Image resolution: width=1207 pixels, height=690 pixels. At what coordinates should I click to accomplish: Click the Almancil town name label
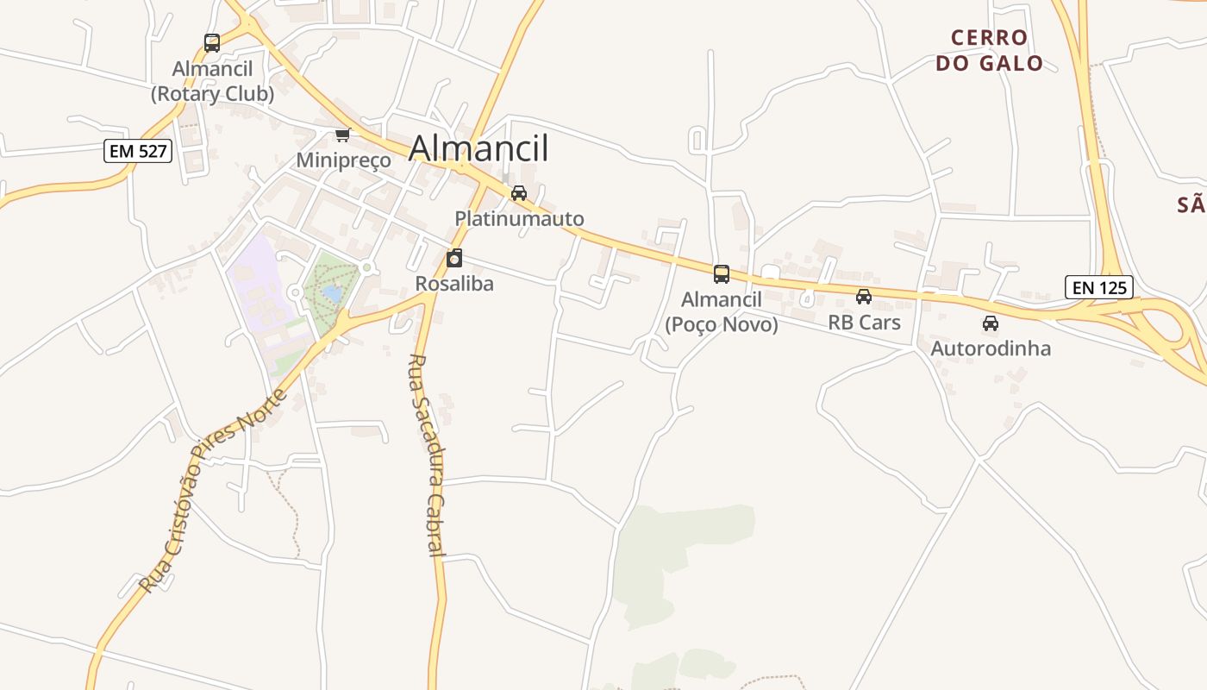click(x=478, y=148)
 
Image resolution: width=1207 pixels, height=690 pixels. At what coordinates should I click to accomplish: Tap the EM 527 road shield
click(x=138, y=152)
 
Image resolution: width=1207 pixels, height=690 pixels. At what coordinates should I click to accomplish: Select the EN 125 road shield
click(x=1098, y=287)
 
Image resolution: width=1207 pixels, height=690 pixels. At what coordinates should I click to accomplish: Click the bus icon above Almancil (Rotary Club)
click(x=212, y=42)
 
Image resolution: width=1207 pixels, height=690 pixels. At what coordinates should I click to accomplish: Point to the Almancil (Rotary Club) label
click(x=212, y=81)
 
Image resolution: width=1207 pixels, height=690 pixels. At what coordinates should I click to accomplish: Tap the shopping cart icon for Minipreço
click(x=343, y=135)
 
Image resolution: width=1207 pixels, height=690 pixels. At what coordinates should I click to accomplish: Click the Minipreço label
click(x=343, y=160)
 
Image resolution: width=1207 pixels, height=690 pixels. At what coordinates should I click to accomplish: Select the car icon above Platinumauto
click(x=519, y=193)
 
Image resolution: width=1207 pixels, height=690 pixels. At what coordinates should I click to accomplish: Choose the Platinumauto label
click(x=519, y=219)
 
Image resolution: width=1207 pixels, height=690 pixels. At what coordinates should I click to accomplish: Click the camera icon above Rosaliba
click(x=454, y=258)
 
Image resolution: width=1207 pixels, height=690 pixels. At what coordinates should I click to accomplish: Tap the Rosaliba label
click(x=454, y=284)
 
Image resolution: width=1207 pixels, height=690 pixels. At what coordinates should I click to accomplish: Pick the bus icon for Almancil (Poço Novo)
click(x=722, y=274)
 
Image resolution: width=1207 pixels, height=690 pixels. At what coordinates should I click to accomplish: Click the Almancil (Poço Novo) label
click(x=722, y=311)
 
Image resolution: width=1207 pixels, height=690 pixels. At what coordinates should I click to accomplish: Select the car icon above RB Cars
click(x=864, y=297)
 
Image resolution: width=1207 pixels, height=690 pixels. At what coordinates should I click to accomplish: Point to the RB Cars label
click(x=864, y=323)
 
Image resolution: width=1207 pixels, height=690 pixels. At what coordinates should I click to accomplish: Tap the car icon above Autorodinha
click(x=991, y=323)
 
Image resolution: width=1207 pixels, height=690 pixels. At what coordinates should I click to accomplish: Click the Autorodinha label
click(x=991, y=348)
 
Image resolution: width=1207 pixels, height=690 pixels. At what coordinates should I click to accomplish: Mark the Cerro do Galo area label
click(x=990, y=50)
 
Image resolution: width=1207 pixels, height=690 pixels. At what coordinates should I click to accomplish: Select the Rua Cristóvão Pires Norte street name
click(x=213, y=492)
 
